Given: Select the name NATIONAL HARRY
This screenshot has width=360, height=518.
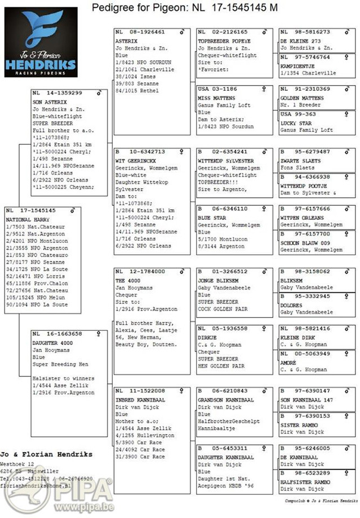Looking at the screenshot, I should pyautogui.click(x=27, y=219).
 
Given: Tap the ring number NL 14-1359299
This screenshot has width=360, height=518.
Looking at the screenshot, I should pyautogui.click(x=57, y=92).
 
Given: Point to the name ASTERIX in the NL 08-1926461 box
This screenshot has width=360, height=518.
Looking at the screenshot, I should pyautogui.click(x=126, y=41).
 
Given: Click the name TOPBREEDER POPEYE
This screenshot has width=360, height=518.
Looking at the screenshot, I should pyautogui.click(x=224, y=41).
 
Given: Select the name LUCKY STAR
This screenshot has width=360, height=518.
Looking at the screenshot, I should pyautogui.click(x=296, y=122).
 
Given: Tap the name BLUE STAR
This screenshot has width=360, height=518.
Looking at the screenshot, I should pyautogui.click(x=212, y=217).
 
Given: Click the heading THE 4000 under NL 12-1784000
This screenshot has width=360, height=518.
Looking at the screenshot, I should pyautogui.click(x=128, y=280).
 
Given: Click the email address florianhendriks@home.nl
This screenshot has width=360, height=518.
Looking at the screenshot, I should pyautogui.click(x=38, y=484).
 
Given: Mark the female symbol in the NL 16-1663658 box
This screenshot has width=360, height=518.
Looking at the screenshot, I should pyautogui.click(x=99, y=334).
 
